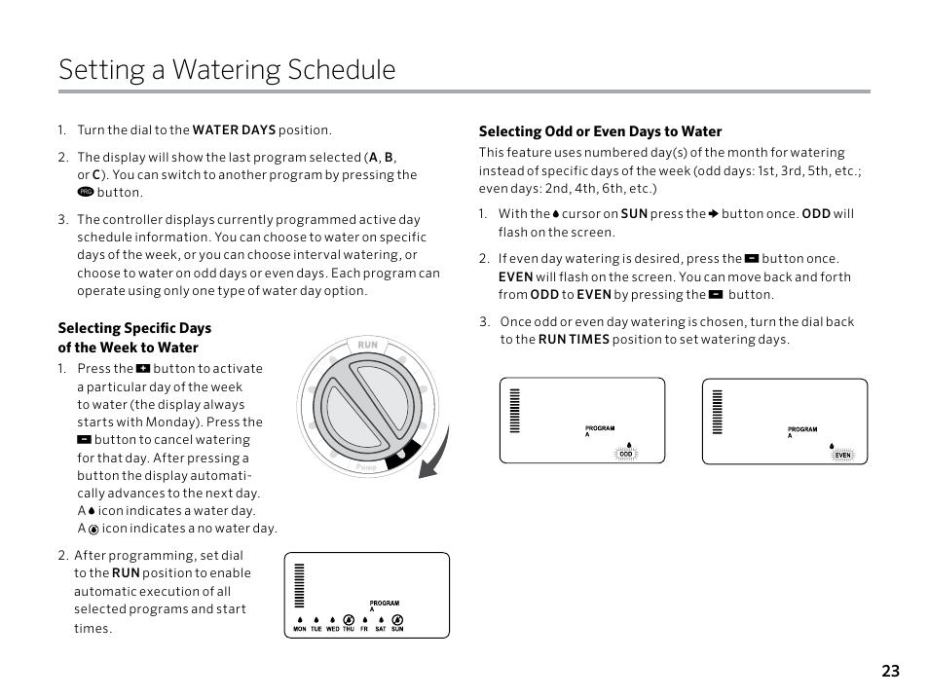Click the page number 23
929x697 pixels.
[x=890, y=671]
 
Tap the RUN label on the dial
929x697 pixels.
[x=367, y=346]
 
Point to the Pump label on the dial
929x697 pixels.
[x=366, y=467]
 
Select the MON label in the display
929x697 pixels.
[x=300, y=630]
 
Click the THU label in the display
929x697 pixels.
[x=348, y=630]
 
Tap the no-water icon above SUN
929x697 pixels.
[x=397, y=619]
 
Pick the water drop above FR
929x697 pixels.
[x=364, y=619]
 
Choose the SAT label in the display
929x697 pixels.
[x=381, y=630]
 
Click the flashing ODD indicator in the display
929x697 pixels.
[x=626, y=455]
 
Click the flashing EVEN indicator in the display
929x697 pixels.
[x=843, y=455]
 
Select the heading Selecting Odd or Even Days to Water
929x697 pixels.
[x=600, y=131]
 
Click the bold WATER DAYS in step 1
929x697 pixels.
[x=235, y=129]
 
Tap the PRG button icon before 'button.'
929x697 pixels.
[x=84, y=193]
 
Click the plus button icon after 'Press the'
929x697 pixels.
[x=143, y=369]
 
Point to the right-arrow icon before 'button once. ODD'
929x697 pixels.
[x=713, y=214]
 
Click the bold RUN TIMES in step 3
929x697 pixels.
[x=574, y=340]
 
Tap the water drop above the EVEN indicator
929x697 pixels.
[x=834, y=445]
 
